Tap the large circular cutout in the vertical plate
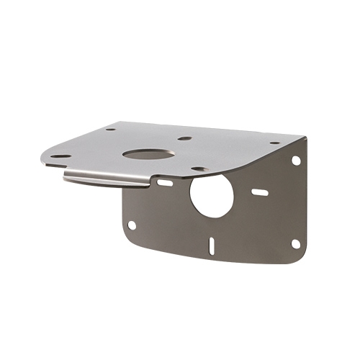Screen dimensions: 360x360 pos(212,195)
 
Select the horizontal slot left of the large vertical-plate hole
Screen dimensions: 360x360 pos(165,183)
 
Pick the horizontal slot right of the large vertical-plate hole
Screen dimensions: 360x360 pos(259,192)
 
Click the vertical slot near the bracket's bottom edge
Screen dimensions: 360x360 pos(211,246)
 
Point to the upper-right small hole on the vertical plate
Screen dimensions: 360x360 pos(295,161)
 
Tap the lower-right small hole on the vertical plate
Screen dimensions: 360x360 pos(295,243)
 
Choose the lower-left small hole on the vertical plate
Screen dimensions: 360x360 pos(132,225)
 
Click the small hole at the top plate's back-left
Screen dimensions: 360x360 pos(110,130)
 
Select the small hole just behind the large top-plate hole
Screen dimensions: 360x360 pos(184,138)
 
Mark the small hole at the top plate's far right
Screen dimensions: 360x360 pos(275,143)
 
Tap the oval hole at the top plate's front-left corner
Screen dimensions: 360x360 pos(61,156)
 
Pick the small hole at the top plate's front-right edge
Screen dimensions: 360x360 pos(197,169)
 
